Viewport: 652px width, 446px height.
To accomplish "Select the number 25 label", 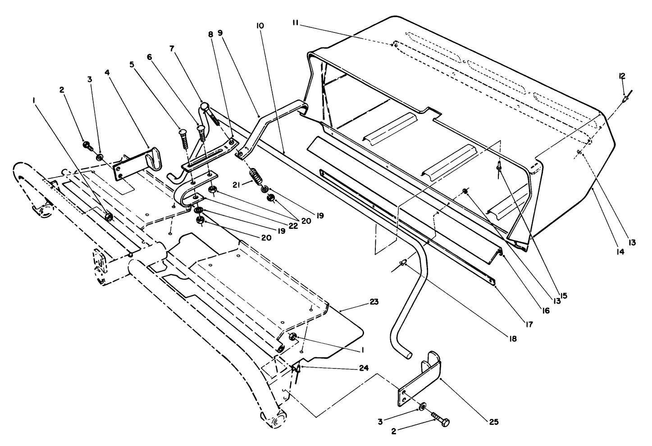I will [x=493, y=422].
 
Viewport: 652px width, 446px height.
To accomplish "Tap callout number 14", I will [x=620, y=252].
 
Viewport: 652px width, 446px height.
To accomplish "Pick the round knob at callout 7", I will [x=204, y=107].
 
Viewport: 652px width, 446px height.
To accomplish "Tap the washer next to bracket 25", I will [x=422, y=406].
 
